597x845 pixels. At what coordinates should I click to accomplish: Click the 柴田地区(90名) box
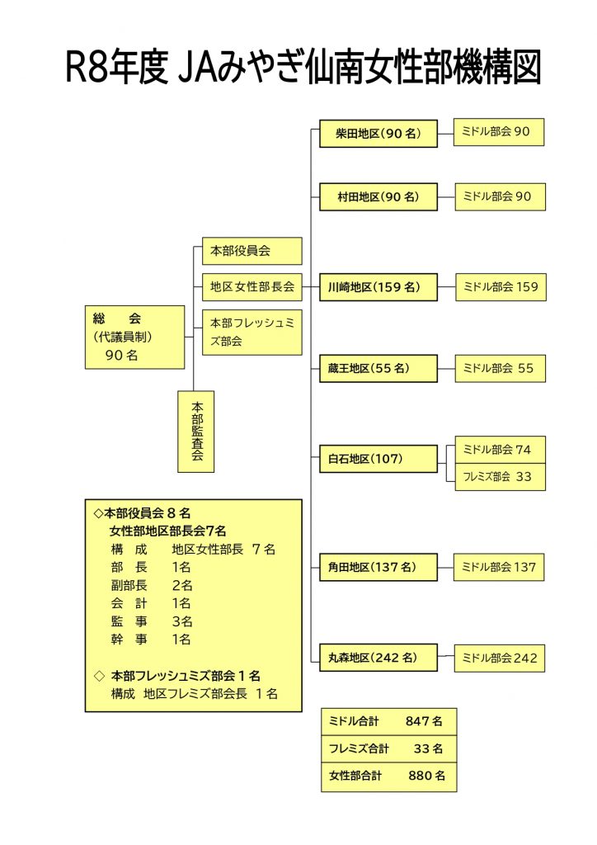click(x=378, y=133)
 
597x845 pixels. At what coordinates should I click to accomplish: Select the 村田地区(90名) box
click(x=378, y=197)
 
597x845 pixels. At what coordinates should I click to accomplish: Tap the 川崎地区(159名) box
click(x=378, y=288)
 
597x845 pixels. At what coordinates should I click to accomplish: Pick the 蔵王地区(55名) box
click(x=378, y=368)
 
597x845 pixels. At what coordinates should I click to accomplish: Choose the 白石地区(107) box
click(x=378, y=458)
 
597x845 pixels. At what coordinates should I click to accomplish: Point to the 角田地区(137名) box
click(x=378, y=567)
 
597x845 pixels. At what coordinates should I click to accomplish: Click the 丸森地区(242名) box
click(x=378, y=658)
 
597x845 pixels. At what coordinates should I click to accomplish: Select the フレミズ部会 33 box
click(x=499, y=477)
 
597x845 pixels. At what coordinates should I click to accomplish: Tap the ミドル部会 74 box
click(x=499, y=450)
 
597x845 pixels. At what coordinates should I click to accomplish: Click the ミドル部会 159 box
click(x=499, y=287)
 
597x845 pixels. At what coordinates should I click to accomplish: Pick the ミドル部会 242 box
click(x=499, y=658)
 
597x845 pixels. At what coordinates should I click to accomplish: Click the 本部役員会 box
click(x=251, y=250)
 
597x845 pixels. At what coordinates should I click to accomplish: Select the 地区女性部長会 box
click(x=251, y=286)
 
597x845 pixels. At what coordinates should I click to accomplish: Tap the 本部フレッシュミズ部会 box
click(x=251, y=332)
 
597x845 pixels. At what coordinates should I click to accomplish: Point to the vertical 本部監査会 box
click(x=196, y=431)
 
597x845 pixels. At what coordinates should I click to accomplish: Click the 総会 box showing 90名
click(x=134, y=337)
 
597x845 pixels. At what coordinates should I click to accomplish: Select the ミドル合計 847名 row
click(x=388, y=721)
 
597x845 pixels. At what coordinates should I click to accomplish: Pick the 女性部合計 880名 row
click(x=388, y=776)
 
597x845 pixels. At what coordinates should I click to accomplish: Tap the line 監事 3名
click(x=152, y=621)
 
